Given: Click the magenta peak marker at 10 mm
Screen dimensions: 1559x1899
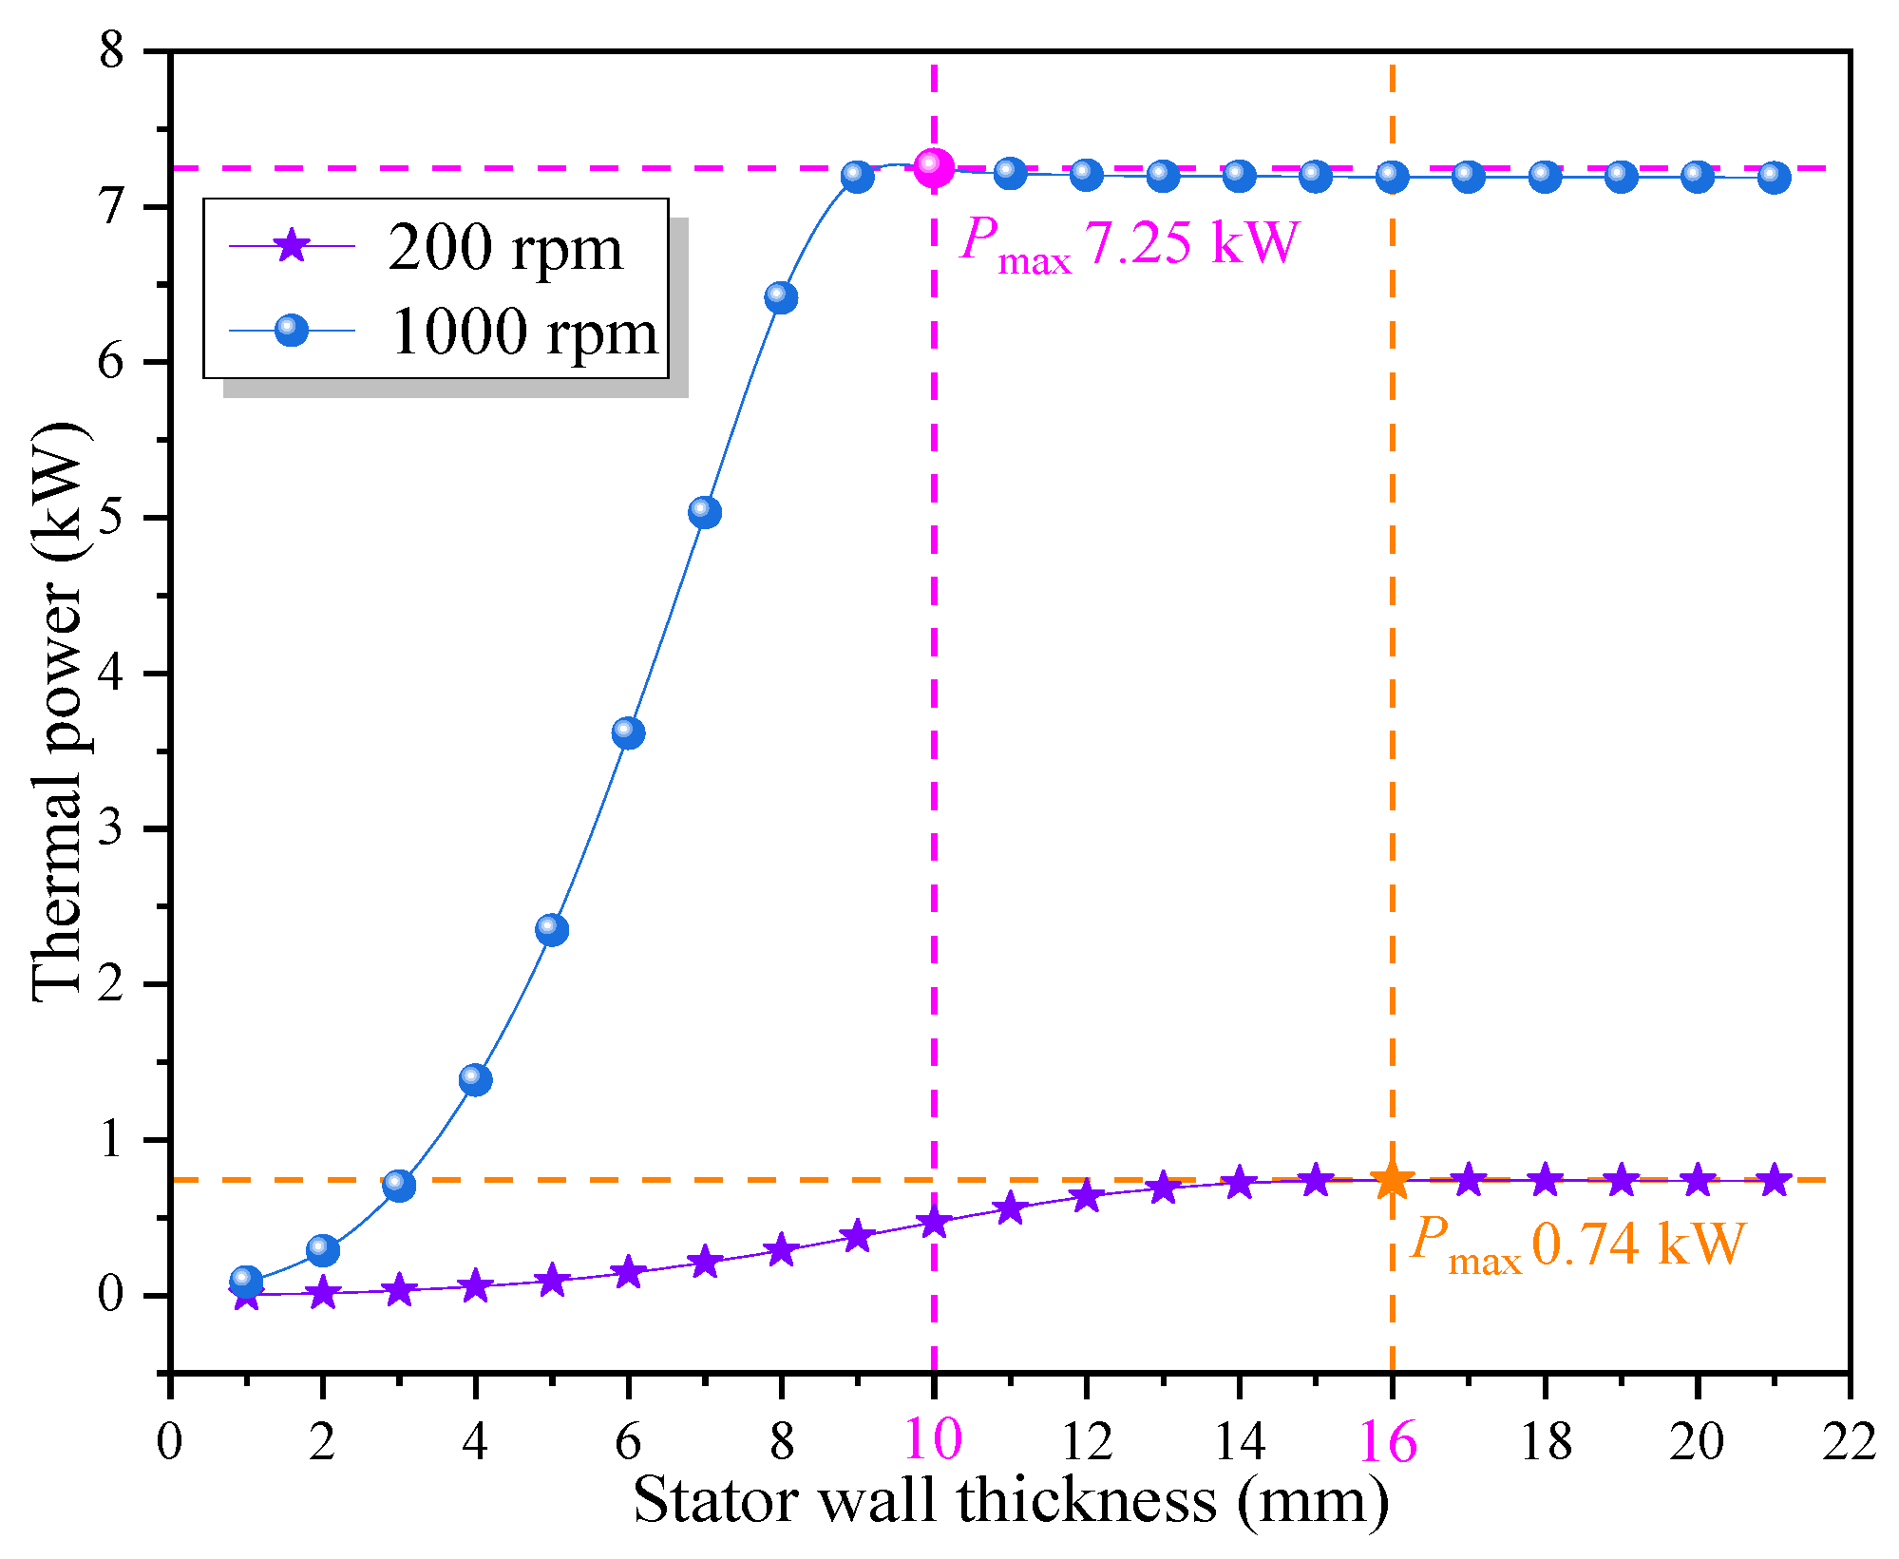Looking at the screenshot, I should click(x=934, y=167).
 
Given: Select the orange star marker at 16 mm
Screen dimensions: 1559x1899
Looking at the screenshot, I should click(x=1393, y=1180).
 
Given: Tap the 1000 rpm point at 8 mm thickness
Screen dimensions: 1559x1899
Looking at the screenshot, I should click(x=781, y=297).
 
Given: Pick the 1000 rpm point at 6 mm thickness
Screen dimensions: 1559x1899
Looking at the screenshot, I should click(x=628, y=732).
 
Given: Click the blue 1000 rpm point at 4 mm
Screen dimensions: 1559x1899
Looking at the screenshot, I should click(x=475, y=1079).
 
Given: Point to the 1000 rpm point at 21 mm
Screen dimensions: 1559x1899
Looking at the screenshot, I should click(x=1774, y=178).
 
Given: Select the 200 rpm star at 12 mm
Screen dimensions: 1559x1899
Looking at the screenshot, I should click(x=1087, y=1197).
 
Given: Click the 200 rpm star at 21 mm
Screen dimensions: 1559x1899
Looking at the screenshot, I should click(x=1774, y=1181).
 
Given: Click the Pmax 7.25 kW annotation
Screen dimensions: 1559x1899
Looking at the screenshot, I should click(x=1129, y=243).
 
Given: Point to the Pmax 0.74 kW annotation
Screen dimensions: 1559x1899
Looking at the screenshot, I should click(x=1577, y=1245).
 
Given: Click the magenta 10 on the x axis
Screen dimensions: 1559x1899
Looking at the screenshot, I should click(x=934, y=1440).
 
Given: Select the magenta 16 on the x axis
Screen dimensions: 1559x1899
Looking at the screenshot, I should click(x=1389, y=1442).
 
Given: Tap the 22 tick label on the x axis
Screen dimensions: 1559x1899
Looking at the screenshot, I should click(x=1849, y=1442).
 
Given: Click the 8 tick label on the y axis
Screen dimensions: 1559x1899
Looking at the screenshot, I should click(x=112, y=49).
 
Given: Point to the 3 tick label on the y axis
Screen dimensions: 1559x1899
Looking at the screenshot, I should click(x=112, y=828).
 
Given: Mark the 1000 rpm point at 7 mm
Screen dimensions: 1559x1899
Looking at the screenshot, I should click(x=704, y=512).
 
